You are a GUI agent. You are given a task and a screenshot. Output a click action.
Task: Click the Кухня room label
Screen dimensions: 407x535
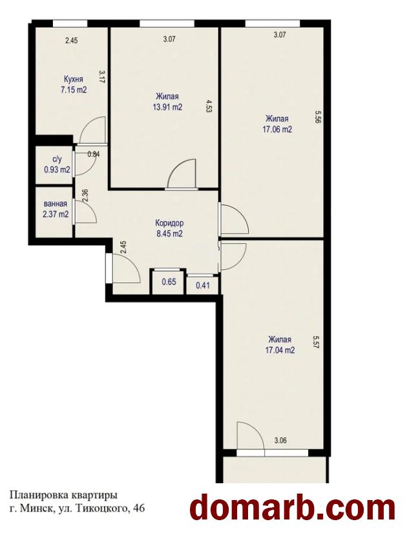point(74,80)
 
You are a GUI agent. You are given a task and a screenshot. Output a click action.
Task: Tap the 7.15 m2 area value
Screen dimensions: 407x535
point(73,90)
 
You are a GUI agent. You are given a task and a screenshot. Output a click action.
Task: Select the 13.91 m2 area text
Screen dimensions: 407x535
point(167,107)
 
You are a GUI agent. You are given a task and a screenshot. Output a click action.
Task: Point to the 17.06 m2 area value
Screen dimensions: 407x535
point(277,129)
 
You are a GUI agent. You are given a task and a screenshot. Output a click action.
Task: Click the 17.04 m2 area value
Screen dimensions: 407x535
point(280,351)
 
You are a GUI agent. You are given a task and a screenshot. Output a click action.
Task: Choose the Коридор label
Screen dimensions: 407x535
point(169,223)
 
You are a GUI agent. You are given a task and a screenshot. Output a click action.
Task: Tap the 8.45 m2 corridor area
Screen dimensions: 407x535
point(169,234)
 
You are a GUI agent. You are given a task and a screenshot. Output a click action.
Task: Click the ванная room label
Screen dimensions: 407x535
point(56,204)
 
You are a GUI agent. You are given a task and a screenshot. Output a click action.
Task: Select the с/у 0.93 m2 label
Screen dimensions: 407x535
point(57,164)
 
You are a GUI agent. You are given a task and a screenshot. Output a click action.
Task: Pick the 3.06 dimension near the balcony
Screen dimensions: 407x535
point(280,440)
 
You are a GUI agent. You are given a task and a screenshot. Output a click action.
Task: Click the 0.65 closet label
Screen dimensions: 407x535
point(169,282)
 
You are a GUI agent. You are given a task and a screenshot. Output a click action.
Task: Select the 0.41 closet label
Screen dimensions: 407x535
point(203,285)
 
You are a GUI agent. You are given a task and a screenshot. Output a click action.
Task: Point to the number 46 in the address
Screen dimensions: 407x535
point(140,508)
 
